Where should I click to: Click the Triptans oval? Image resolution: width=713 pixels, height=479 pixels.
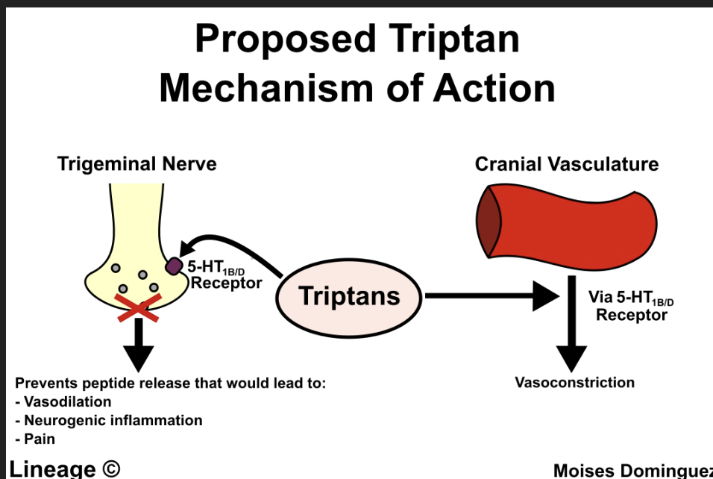pos(349,296)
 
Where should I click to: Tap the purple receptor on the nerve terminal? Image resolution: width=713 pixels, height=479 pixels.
pos(174,266)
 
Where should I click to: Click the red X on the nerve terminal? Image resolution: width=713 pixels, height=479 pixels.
pos(137,307)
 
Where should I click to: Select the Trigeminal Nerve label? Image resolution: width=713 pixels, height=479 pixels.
pos(136,163)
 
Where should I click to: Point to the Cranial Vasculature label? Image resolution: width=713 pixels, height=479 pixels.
pos(567,163)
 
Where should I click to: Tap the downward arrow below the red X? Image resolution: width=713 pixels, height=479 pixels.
pos(137,346)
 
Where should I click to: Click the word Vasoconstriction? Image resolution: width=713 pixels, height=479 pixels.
pos(574,383)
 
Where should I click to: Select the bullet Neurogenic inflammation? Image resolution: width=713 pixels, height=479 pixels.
pos(113,421)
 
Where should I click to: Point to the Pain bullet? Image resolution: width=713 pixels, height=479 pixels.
pos(40,439)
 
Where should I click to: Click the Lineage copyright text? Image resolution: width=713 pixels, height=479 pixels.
pos(64,469)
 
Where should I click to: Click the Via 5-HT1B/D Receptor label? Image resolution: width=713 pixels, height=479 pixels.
pos(631,305)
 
